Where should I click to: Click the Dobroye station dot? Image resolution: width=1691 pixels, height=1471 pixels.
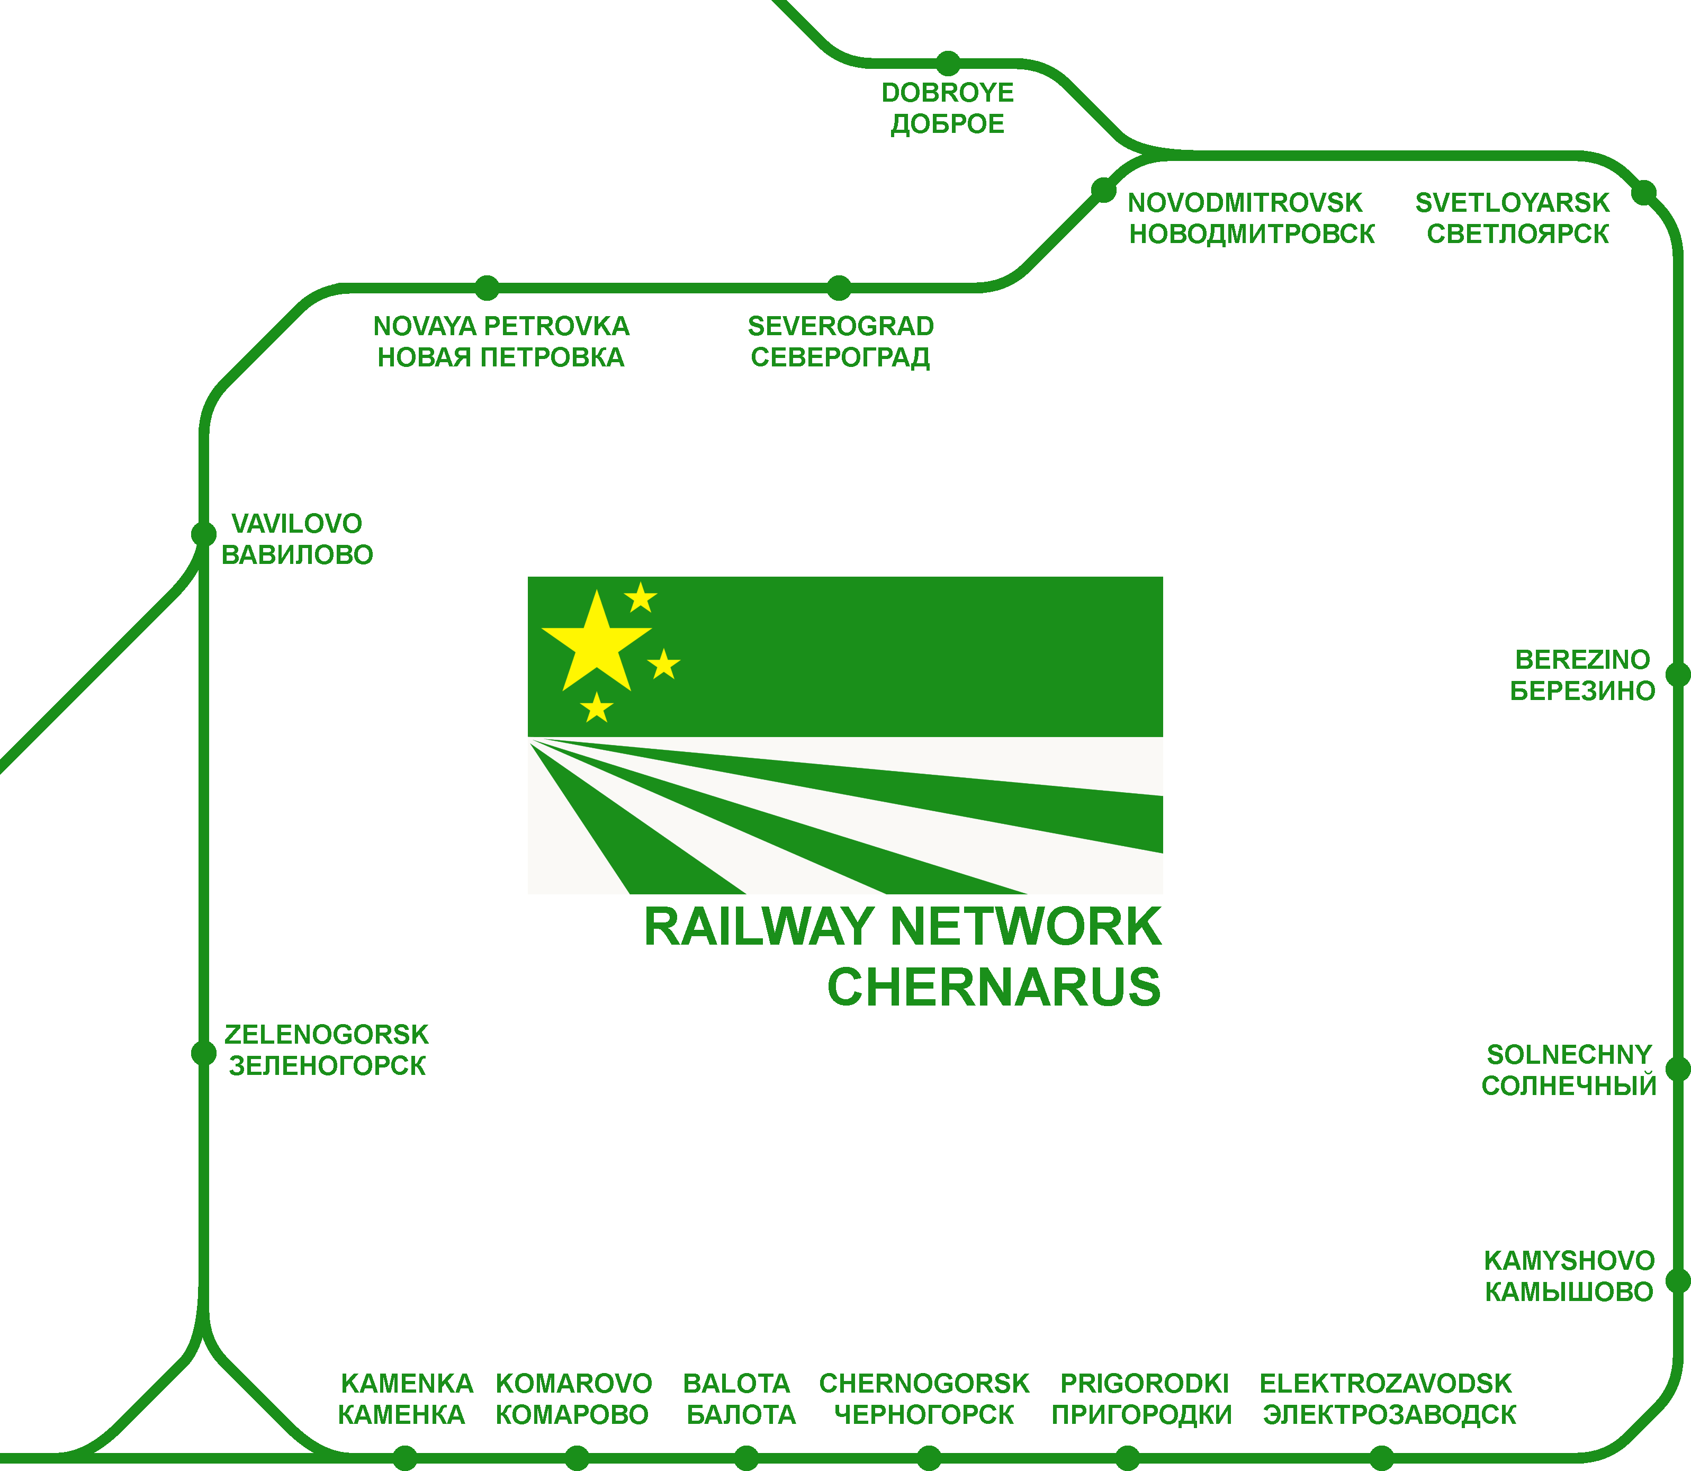click(948, 63)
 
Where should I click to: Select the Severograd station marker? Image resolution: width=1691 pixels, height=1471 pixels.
click(839, 288)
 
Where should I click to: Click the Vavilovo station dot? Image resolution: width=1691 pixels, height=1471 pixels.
click(204, 534)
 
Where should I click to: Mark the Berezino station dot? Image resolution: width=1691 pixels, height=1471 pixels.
click(1678, 675)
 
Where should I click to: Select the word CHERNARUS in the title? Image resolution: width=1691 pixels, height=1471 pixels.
click(993, 988)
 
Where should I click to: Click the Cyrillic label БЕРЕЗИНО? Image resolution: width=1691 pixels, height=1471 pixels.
click(1582, 691)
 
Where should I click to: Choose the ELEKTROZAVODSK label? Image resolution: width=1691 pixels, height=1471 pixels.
click(1385, 1384)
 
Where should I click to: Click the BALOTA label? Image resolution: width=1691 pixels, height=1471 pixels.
click(736, 1384)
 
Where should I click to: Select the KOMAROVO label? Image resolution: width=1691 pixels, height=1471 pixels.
click(573, 1384)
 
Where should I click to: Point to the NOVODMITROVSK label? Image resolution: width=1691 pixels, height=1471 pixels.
click(1245, 203)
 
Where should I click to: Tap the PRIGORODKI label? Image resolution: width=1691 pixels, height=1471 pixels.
click(1144, 1384)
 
